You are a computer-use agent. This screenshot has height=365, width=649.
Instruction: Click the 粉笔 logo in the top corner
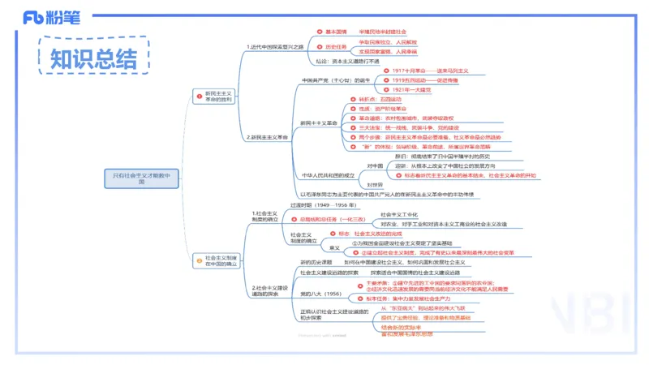[x=56, y=17]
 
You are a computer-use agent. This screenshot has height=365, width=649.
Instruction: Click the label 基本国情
[x=335, y=31]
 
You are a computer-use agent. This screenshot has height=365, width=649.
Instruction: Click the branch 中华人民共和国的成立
[x=328, y=174]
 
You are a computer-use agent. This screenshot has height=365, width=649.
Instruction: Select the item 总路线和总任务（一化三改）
[x=333, y=219]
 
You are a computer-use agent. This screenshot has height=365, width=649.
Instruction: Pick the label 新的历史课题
[x=316, y=263]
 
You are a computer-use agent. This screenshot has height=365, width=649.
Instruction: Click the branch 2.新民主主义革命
[x=268, y=137]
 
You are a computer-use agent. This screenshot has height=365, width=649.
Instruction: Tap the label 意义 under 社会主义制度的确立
[x=334, y=247]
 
